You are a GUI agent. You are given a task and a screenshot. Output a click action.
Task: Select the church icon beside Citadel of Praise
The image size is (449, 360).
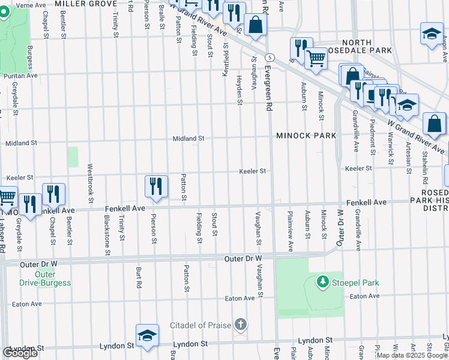pos(240,325)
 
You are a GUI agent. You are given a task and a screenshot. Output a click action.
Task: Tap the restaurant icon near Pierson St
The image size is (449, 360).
pos(156,185)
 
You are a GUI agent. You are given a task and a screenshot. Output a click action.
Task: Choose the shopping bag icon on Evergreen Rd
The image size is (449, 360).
pos(255,25)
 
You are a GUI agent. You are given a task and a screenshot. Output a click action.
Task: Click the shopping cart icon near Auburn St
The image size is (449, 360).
pos(316,58)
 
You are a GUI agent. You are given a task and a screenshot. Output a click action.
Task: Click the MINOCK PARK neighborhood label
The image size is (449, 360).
pos(306,136)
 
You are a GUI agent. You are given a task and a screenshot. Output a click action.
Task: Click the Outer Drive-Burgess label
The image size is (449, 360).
pos(46,279)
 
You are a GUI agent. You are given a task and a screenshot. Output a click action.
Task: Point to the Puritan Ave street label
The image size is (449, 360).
pos(20,76)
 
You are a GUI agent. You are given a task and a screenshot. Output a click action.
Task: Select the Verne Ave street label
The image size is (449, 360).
pos(16,5)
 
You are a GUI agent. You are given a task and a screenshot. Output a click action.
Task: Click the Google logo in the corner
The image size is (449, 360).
pos(20,353)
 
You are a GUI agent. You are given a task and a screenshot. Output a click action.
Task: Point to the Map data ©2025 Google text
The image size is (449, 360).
pos(412,355)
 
